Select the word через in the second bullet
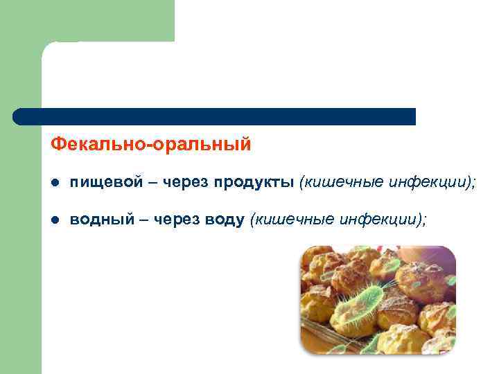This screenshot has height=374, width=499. pos(177,220)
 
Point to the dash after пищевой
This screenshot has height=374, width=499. pos(153,183)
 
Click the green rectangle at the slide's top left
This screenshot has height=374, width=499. pos(87,21)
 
